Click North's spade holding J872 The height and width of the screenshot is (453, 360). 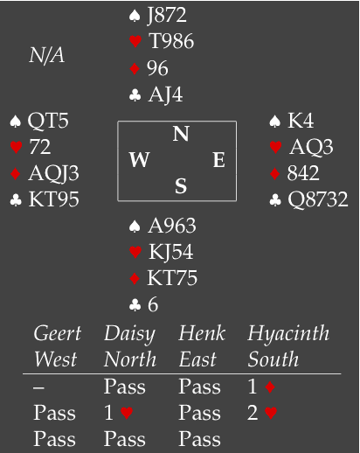pyautogui.click(x=167, y=15)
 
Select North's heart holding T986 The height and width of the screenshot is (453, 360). pyautogui.click(x=171, y=41)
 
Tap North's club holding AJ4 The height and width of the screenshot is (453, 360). pyautogui.click(x=165, y=94)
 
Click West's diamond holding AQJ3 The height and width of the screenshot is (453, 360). pyautogui.click(x=54, y=173)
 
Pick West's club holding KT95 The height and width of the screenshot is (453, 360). pyautogui.click(x=54, y=199)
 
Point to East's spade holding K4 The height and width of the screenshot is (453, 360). pyautogui.click(x=301, y=121)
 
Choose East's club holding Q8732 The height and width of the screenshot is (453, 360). pyautogui.click(x=318, y=199)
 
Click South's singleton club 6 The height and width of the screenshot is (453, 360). pyautogui.click(x=153, y=304)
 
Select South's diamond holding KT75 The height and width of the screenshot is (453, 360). pyautogui.click(x=172, y=278)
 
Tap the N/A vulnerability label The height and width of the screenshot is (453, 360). pyautogui.click(x=46, y=55)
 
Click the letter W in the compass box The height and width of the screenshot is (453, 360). pyautogui.click(x=140, y=160)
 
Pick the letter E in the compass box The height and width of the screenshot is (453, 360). pyautogui.click(x=219, y=160)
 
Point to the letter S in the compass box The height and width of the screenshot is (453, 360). pyautogui.click(x=181, y=186)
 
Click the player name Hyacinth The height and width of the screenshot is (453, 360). pyautogui.click(x=288, y=333)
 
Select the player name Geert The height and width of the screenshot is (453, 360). pyautogui.click(x=58, y=333)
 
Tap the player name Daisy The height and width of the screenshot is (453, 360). pyautogui.click(x=129, y=334)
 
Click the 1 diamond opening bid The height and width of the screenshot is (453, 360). pyautogui.click(x=261, y=387)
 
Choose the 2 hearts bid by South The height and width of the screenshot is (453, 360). pyautogui.click(x=262, y=413)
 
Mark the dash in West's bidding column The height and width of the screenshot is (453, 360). pyautogui.click(x=38, y=387)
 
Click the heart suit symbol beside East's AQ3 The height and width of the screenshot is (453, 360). pyautogui.click(x=275, y=147)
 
